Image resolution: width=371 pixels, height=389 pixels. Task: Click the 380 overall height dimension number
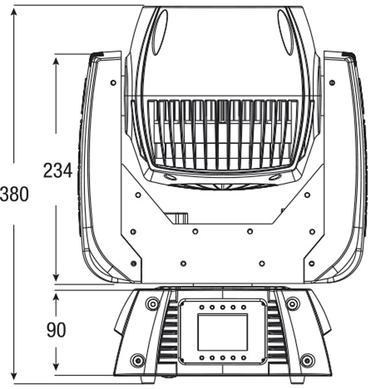click(14, 194)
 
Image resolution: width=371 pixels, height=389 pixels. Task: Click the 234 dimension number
click(58, 171)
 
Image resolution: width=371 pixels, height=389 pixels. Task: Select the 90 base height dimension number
click(56, 330)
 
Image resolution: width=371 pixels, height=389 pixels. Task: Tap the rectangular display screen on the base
click(222, 332)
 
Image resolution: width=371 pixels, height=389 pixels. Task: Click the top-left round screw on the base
click(152, 303)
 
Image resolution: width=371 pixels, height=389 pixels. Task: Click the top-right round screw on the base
click(293, 303)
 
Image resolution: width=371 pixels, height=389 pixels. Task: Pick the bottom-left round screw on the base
click(138, 360)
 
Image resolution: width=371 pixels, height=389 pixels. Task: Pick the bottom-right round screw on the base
click(307, 360)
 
